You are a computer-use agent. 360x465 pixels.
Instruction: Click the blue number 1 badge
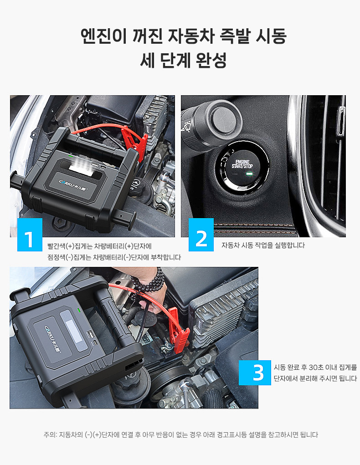[30, 235]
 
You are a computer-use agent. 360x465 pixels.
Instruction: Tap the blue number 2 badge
[201, 235]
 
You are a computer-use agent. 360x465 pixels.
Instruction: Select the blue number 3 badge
[255, 373]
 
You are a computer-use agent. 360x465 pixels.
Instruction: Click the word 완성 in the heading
[211, 60]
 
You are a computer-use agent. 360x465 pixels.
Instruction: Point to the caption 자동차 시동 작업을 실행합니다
[263, 245]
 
